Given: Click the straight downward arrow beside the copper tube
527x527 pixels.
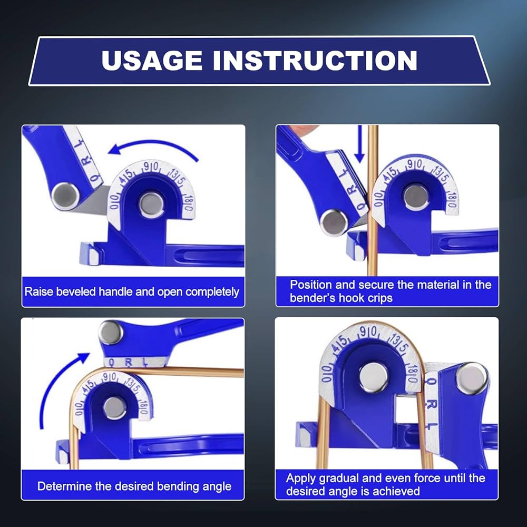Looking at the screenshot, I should pos(359,144).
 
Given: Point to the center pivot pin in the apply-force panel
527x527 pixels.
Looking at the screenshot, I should pos(374,377).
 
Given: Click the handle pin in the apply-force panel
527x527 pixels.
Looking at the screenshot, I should pos(471,378).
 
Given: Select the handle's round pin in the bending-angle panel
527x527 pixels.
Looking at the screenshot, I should pos(111,333).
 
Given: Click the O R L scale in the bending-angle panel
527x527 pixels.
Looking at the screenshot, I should pos(127,363).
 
